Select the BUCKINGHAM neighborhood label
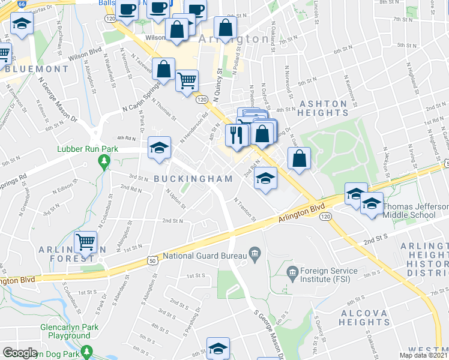point(192,179)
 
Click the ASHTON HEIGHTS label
point(319,108)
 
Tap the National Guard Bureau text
point(204,256)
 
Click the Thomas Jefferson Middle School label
point(415,211)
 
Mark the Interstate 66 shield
point(22,4)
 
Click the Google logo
point(20,353)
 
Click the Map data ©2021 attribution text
point(423,355)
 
